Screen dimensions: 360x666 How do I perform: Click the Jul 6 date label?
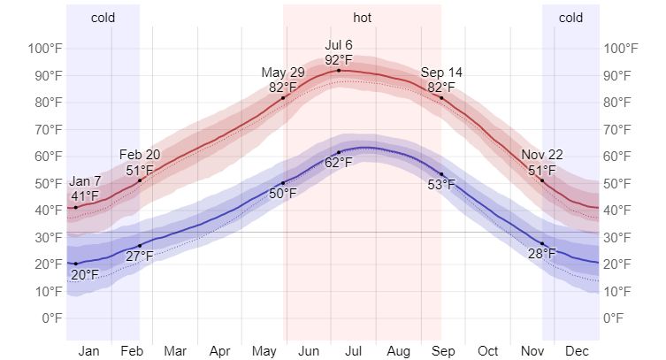(339, 45)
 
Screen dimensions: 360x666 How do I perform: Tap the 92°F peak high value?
(339, 60)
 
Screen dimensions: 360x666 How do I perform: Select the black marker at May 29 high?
(283, 97)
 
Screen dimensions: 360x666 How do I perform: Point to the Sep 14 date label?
(441, 73)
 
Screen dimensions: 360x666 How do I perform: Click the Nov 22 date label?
(542, 156)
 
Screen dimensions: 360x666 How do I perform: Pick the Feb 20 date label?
(140, 156)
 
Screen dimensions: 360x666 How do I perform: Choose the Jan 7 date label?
(85, 182)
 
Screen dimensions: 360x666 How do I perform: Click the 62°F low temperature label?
(338, 163)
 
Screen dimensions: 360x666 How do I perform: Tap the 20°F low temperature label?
(84, 274)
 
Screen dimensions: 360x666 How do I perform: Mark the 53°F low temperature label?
(441, 185)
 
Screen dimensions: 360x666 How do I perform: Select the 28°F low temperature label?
(542, 255)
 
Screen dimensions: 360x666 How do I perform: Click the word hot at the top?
(362, 17)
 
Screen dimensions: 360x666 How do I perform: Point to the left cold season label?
(103, 17)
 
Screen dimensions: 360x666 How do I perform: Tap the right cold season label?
(570, 17)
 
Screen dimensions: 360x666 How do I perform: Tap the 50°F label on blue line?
(283, 194)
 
